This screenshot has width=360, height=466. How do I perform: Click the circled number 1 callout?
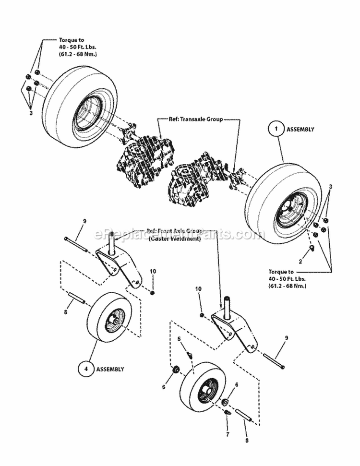pyautogui.click(x=276, y=129)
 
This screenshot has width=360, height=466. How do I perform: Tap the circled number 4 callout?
pyautogui.click(x=86, y=370)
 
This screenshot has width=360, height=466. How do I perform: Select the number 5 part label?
pyautogui.click(x=179, y=339)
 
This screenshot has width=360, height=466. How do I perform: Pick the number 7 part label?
pyautogui.click(x=228, y=434)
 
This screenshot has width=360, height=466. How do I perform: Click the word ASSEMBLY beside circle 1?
pyautogui.click(x=300, y=130)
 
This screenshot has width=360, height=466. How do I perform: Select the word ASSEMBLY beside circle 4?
pyautogui.click(x=110, y=370)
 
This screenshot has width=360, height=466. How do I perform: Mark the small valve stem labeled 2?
pyautogui.click(x=311, y=248)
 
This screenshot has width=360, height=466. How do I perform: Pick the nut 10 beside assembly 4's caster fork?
pyautogui.click(x=152, y=293)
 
